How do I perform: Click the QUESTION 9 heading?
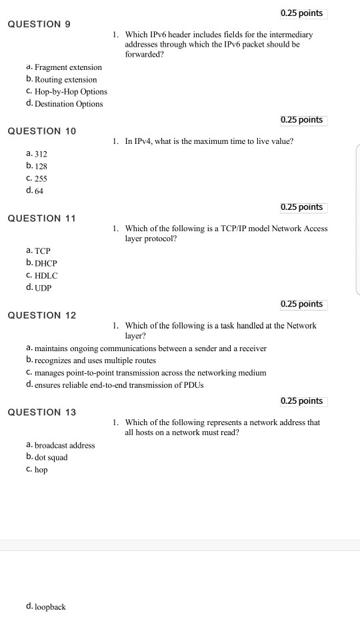pyautogui.click(x=39, y=24)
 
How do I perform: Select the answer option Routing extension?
pyautogui.click(x=65, y=80)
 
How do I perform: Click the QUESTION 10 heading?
pyautogui.click(x=41, y=131)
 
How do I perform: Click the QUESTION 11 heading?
pyautogui.click(x=41, y=219)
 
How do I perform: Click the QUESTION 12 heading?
pyautogui.click(x=41, y=315)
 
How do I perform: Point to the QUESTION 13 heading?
pyautogui.click(x=41, y=412)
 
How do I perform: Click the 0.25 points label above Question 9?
pyautogui.click(x=302, y=13)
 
